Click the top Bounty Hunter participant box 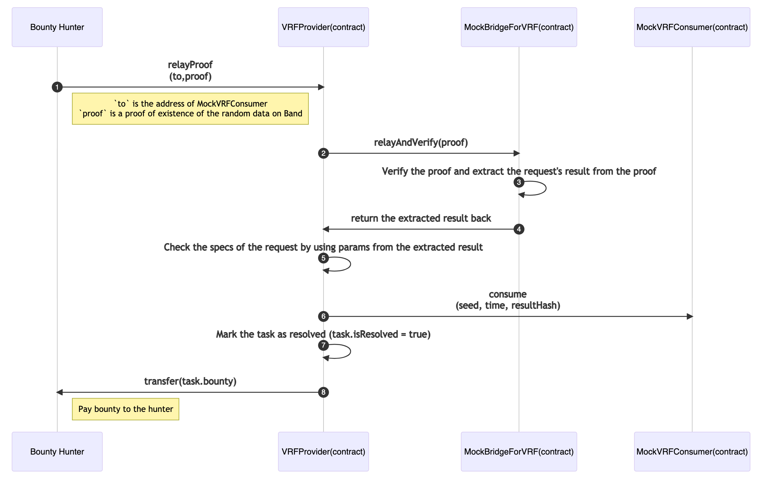click(57, 27)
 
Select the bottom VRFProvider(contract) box click(323, 451)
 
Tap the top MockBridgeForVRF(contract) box click(518, 27)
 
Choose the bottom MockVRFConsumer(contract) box click(692, 451)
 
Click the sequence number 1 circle click(57, 87)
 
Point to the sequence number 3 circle click(519, 182)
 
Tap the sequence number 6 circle click(323, 317)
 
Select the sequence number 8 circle click(323, 392)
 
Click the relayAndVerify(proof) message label click(421, 142)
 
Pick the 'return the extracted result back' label click(421, 218)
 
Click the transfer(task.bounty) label click(190, 381)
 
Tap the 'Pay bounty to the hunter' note click(125, 409)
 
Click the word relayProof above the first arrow click(190, 65)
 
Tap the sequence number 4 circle click(519, 229)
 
